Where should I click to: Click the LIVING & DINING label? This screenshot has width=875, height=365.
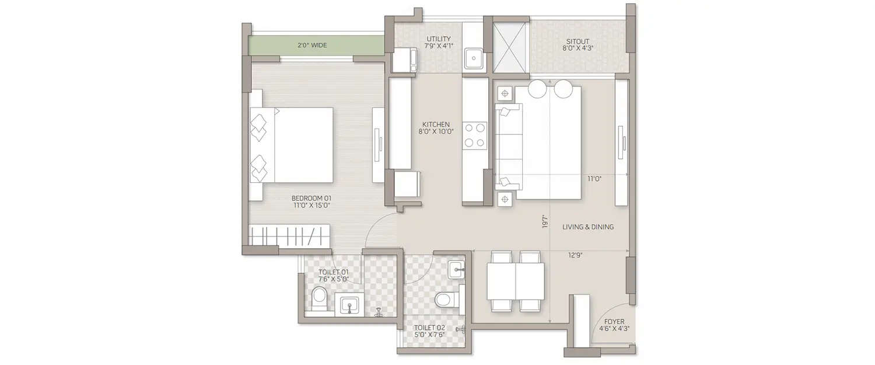pos(588,227)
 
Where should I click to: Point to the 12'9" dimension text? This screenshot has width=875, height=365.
pos(575,255)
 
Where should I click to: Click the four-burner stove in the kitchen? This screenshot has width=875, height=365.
pos(474,135)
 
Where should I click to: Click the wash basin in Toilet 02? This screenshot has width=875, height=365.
pos(457,269)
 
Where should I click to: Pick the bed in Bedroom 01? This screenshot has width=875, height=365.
pos(292,145)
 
